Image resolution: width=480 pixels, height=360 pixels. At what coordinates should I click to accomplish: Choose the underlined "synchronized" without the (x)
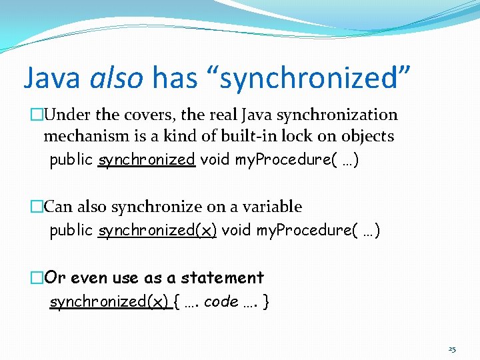click(146, 161)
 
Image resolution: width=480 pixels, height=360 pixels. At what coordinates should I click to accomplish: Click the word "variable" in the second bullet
click(273, 207)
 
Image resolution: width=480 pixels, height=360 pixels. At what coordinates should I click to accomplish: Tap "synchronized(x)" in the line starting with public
click(157, 231)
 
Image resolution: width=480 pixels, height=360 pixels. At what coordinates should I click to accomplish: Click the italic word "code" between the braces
click(221, 302)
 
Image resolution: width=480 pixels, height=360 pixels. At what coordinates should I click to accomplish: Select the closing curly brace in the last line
click(267, 302)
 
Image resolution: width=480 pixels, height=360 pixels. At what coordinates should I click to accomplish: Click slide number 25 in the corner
click(452, 349)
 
